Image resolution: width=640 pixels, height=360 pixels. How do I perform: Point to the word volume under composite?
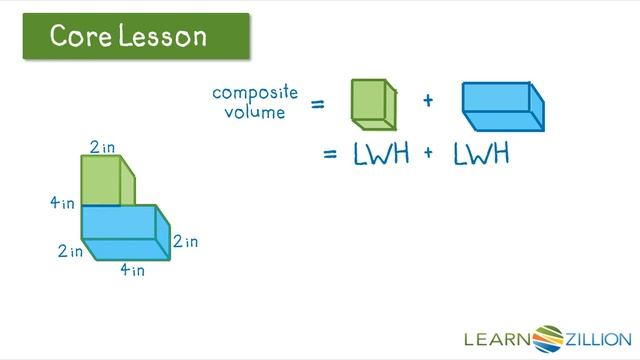tap(256, 112)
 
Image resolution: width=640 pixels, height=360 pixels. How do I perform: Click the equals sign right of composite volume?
tap(318, 103)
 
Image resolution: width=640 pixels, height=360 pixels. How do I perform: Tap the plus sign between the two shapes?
tap(428, 101)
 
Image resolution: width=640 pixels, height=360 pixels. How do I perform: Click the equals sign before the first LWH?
tap(332, 155)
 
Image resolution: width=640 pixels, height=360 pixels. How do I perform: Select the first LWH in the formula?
tap(381, 155)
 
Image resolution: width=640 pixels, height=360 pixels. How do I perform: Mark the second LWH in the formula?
tap(481, 155)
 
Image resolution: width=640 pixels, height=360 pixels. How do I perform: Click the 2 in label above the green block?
tap(102, 148)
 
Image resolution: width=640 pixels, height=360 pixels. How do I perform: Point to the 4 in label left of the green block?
tap(62, 203)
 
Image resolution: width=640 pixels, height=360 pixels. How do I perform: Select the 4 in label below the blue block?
tap(132, 269)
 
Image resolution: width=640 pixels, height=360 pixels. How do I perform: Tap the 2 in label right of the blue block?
tap(185, 242)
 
